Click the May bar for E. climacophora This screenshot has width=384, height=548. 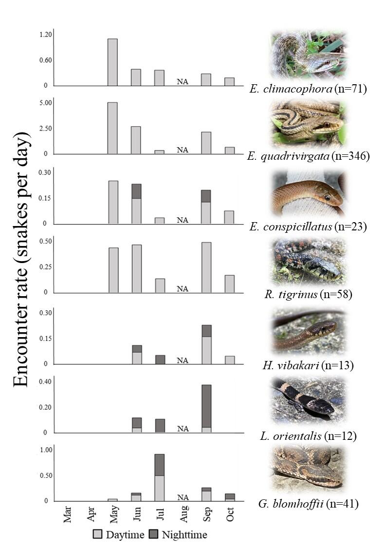tap(112, 62)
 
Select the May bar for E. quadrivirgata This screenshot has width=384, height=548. tap(112, 128)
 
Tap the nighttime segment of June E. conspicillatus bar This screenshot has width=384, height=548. tap(136, 191)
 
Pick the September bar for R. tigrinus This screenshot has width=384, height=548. tap(206, 267)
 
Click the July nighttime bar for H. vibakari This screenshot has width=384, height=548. tap(160, 359)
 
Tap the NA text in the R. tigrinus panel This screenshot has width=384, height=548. tap(183, 289)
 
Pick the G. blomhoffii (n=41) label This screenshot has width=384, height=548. tap(310, 504)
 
